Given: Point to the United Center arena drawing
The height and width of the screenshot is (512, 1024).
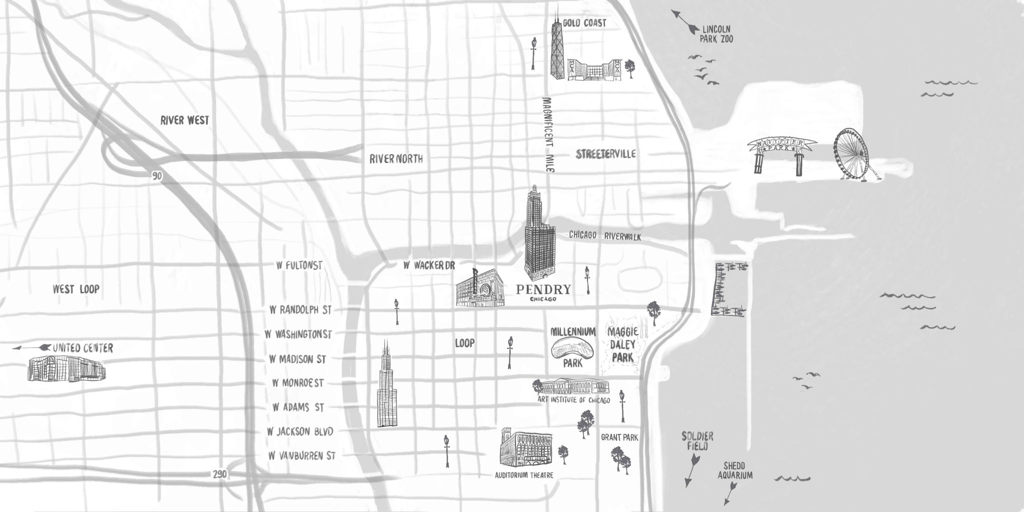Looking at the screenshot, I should pyautogui.click(x=66, y=369).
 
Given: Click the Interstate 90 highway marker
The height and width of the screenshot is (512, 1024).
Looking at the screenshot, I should pyautogui.click(x=158, y=175).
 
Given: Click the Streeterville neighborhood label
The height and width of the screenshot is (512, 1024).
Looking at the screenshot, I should pyautogui.click(x=605, y=154).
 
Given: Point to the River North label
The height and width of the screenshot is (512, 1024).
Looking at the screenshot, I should pyautogui.click(x=396, y=159).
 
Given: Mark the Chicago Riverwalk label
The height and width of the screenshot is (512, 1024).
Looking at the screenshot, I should pyautogui.click(x=605, y=236).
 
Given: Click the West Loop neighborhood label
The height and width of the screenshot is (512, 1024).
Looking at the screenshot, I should pyautogui.click(x=76, y=289).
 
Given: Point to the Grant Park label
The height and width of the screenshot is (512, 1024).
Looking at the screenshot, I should pyautogui.click(x=619, y=438).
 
